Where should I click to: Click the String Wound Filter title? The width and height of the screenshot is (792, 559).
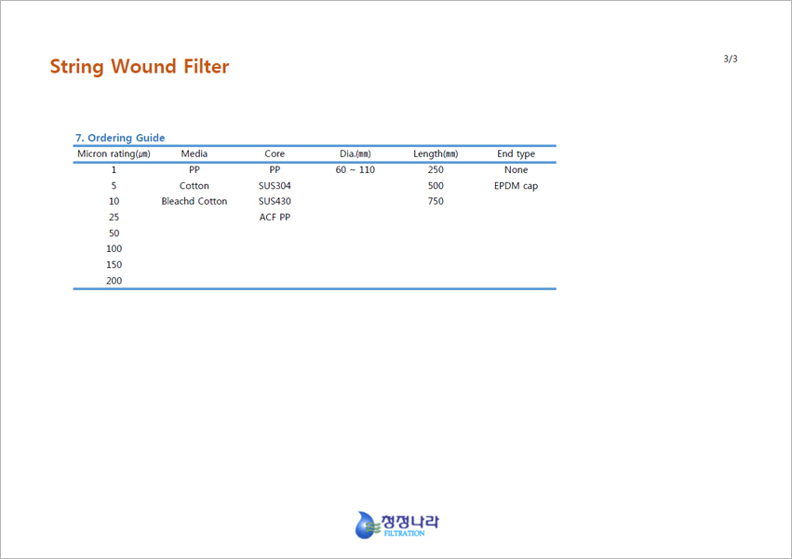pos(140,67)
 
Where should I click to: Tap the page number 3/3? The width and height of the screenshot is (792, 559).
pos(731,59)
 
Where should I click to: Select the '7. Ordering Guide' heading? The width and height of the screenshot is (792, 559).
pos(120,138)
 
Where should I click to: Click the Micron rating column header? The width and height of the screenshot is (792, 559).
pos(114,153)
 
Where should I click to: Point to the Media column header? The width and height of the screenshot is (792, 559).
pos(194,153)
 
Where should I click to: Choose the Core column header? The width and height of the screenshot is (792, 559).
pos(275,153)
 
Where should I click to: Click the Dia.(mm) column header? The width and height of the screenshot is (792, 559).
pos(356,153)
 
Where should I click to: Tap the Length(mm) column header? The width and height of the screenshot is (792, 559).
pos(436,153)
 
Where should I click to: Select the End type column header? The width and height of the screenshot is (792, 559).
pos(516,153)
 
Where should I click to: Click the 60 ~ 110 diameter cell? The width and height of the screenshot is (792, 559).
pos(356,169)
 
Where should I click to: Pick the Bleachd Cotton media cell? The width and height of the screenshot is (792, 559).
pos(194,201)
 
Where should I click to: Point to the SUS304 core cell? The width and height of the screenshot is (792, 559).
pos(275,185)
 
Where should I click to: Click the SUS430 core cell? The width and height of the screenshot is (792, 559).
pos(275,201)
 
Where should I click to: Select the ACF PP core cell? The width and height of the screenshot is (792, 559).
pos(275,217)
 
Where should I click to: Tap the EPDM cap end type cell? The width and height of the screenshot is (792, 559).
pos(516,186)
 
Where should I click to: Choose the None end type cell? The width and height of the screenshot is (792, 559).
pos(516,169)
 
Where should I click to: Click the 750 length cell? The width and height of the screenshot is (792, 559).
pos(436,201)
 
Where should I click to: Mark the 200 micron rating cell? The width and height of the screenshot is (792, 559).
pos(114,280)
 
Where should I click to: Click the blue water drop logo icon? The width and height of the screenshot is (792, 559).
pos(366,526)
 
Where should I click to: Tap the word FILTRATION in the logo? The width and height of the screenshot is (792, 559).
pos(404,533)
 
